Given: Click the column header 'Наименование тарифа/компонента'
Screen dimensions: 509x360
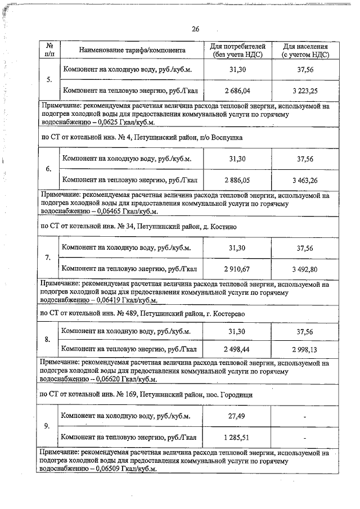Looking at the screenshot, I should [132, 50].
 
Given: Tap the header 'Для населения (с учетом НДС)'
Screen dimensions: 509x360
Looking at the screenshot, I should [305, 50].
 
